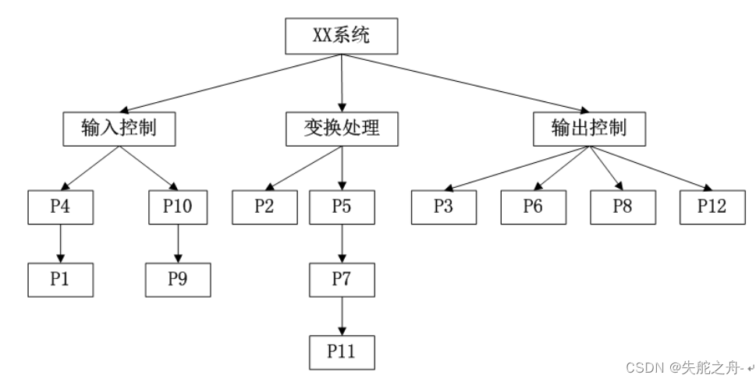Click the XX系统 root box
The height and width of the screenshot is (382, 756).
tap(342, 37)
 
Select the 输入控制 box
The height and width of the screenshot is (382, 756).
tap(118, 128)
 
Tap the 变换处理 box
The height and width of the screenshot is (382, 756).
tap(342, 128)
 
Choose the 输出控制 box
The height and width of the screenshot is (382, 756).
tap(589, 128)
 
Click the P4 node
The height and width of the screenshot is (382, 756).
tap(61, 207)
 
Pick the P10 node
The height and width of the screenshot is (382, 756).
tap(178, 207)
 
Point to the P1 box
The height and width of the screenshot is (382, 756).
tap(61, 280)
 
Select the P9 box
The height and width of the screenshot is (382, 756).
tap(178, 280)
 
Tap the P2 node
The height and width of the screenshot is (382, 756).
tap(265, 207)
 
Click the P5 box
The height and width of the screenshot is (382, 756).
tap(342, 207)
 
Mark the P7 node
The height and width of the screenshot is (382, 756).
tap(342, 280)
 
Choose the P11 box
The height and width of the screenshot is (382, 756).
tap(342, 352)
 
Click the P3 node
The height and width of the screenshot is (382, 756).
tap(444, 207)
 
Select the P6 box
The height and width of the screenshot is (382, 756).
tap(533, 207)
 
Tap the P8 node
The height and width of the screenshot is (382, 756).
tap(622, 207)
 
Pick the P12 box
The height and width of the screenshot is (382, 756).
tap(712, 207)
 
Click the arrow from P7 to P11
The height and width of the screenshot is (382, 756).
tap(342, 316)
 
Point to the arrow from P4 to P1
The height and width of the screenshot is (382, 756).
tap(61, 243)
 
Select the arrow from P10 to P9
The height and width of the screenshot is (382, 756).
tap(178, 243)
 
